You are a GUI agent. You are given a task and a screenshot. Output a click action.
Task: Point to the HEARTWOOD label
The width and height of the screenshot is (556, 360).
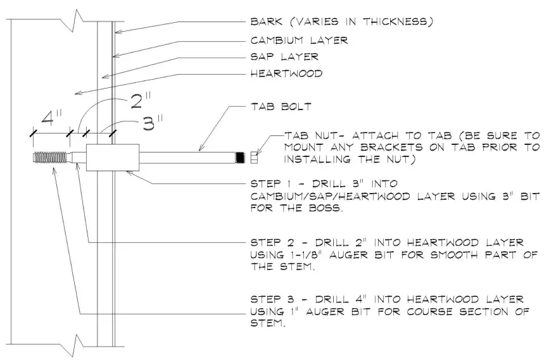[287, 73]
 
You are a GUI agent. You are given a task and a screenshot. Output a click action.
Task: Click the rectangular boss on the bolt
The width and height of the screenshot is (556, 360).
[111, 158]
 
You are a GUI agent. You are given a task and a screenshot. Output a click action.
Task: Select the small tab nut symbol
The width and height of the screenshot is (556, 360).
[255, 157]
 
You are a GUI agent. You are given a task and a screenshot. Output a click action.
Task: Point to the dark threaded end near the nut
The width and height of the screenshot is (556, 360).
[240, 157]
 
